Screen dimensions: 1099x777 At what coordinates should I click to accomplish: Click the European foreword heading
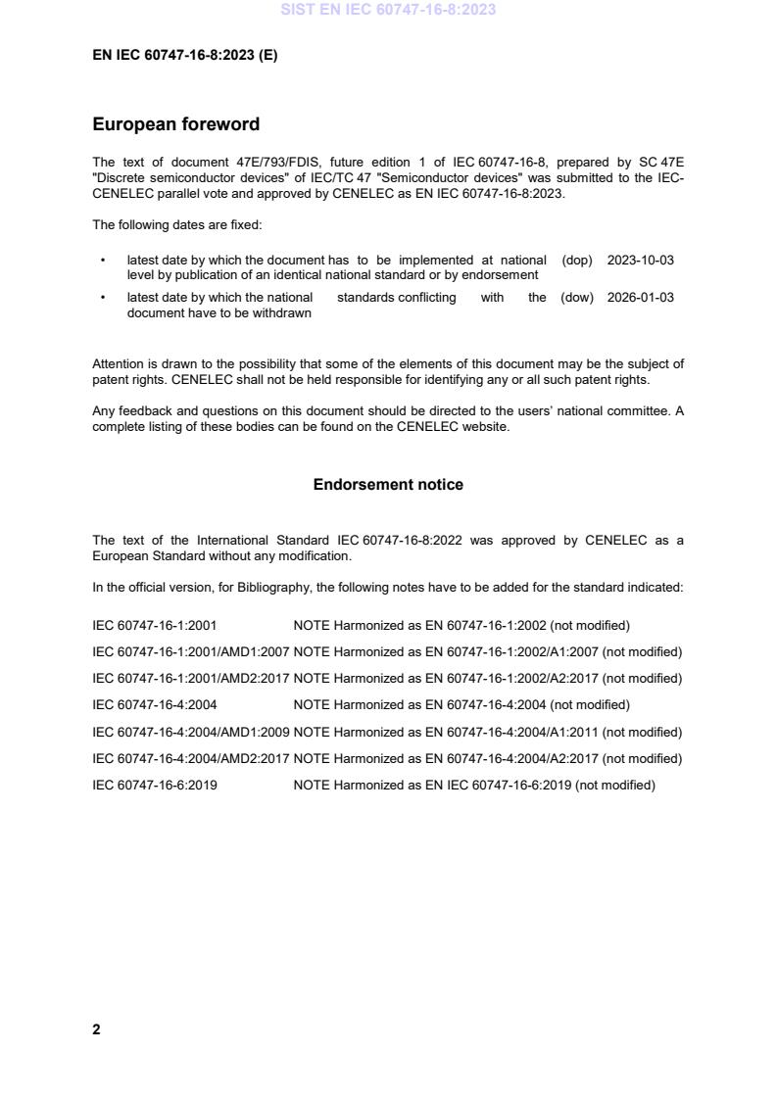(175, 124)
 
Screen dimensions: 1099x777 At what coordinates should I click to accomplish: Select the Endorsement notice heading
(388, 485)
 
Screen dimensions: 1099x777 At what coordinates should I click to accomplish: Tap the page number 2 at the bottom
(96, 1029)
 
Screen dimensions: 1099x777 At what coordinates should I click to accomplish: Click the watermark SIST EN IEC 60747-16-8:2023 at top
(388, 10)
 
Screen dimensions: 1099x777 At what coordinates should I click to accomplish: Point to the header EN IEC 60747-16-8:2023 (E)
(184, 56)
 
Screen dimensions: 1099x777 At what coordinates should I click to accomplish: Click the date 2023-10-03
(640, 261)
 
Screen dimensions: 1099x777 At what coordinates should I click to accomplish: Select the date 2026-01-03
(640, 298)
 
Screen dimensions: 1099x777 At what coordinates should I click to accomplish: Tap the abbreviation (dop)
(578, 261)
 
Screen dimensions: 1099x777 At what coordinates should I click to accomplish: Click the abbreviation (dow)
(577, 298)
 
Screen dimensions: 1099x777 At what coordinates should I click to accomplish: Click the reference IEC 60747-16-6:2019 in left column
(155, 785)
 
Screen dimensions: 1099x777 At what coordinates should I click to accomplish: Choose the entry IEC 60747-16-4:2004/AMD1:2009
(190, 732)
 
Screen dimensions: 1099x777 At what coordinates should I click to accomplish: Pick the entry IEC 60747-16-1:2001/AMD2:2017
(190, 678)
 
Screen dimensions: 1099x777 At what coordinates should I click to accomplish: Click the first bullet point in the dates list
(103, 262)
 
